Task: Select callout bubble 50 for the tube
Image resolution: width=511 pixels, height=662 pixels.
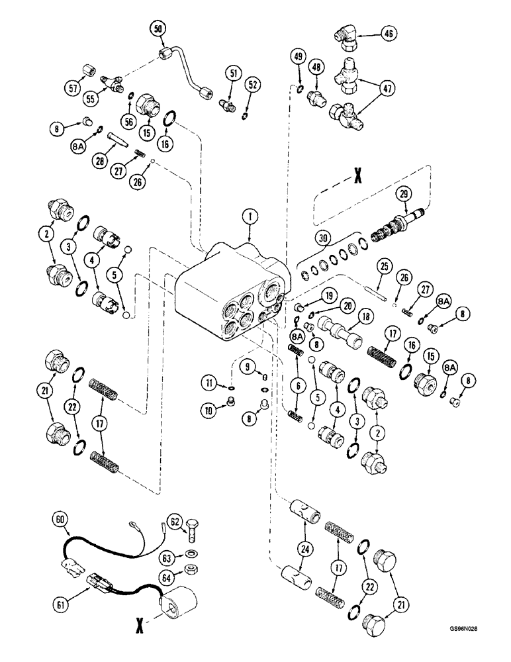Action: tap(158, 28)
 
